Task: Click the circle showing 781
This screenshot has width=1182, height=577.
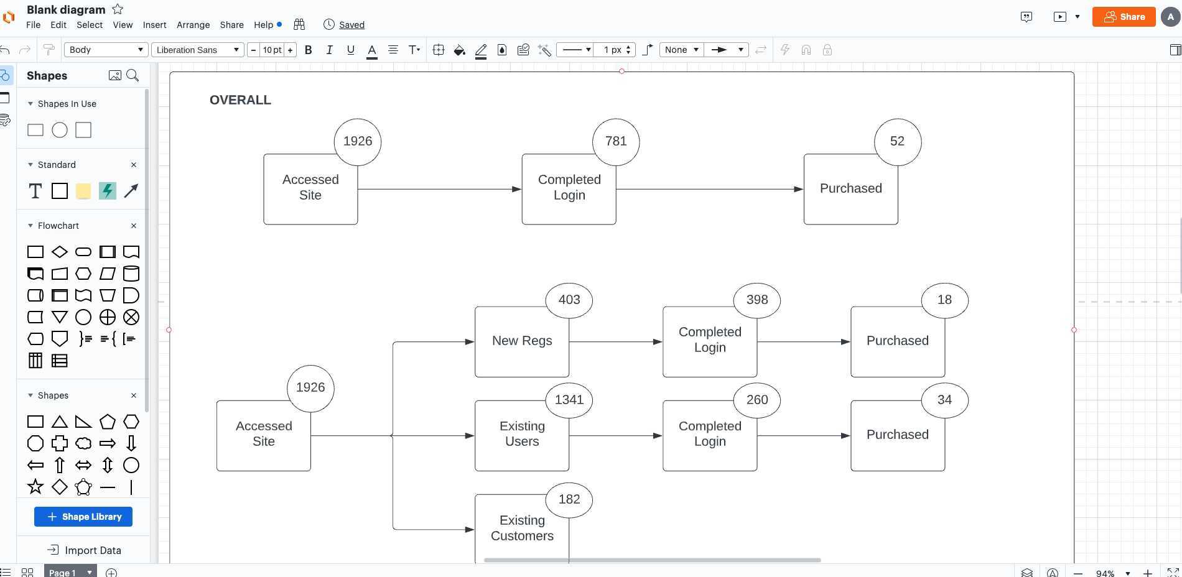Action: click(616, 142)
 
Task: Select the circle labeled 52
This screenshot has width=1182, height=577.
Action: click(897, 142)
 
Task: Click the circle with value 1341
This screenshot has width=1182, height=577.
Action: click(569, 400)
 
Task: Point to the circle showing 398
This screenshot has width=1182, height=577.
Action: click(756, 300)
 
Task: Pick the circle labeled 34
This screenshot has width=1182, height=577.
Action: click(944, 400)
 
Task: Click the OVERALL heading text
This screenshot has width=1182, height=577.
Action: click(240, 100)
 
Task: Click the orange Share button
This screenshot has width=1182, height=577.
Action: click(1124, 17)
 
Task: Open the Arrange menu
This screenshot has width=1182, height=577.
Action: click(193, 25)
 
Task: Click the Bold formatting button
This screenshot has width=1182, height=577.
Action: click(308, 50)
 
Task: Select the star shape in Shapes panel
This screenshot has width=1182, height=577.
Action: click(35, 487)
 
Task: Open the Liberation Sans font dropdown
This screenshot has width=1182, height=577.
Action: click(197, 50)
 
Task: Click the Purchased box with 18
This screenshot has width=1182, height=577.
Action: click(896, 348)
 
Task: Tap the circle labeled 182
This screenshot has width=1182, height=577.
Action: click(569, 499)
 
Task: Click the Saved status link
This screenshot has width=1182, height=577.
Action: click(351, 25)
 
